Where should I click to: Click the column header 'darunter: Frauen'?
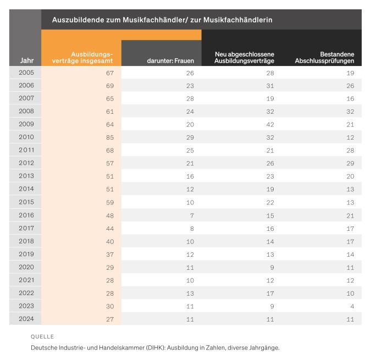pyautogui.click(x=170, y=61)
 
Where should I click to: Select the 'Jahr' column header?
pyautogui.click(x=26, y=60)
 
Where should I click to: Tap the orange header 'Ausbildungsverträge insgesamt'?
pyautogui.click(x=82, y=58)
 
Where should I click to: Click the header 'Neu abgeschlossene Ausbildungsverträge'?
pyautogui.click(x=244, y=58)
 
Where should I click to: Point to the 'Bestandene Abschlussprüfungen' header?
pyautogui.click(x=324, y=58)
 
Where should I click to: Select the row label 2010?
pyautogui.click(x=26, y=137)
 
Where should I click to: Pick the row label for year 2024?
pyautogui.click(x=26, y=319)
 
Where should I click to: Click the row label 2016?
pyautogui.click(x=26, y=215)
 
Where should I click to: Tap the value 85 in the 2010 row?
pyautogui.click(x=110, y=137)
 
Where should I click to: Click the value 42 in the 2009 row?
pyautogui.click(x=270, y=125)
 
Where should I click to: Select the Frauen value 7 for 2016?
pyautogui.click(x=192, y=215)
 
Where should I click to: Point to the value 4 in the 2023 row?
pyautogui.click(x=352, y=307)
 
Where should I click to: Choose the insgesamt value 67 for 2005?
pyautogui.click(x=110, y=73)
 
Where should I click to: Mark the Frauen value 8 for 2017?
pyautogui.click(x=192, y=229)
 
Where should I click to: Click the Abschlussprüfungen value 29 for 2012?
pyautogui.click(x=351, y=163)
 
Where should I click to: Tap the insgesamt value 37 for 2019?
pyautogui.click(x=110, y=254)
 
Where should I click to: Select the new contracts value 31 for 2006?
pyautogui.click(x=270, y=86)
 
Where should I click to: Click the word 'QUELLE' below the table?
pyautogui.click(x=42, y=336)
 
